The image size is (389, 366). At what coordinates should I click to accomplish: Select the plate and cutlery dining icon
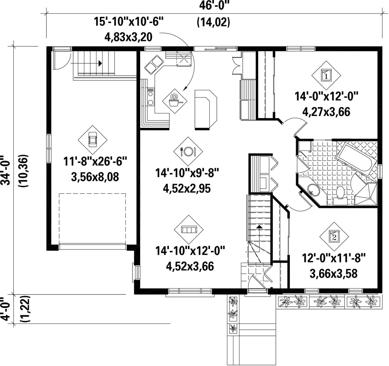coord(188,151)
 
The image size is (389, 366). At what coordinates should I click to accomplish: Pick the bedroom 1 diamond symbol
coord(326,75)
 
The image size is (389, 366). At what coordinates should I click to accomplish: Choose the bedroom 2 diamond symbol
coord(334,236)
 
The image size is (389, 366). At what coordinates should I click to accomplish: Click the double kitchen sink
coord(154,64)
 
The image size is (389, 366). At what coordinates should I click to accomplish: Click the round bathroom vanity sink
coord(313,190)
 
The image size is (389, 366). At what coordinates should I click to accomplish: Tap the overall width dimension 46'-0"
coord(214,5)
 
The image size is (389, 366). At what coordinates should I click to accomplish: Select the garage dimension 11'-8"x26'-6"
coord(95,162)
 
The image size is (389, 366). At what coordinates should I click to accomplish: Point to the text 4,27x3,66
coord(326,112)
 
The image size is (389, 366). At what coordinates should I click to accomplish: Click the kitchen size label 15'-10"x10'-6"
coord(129,22)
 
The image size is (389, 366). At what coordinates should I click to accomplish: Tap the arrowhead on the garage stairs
coord(100,63)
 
